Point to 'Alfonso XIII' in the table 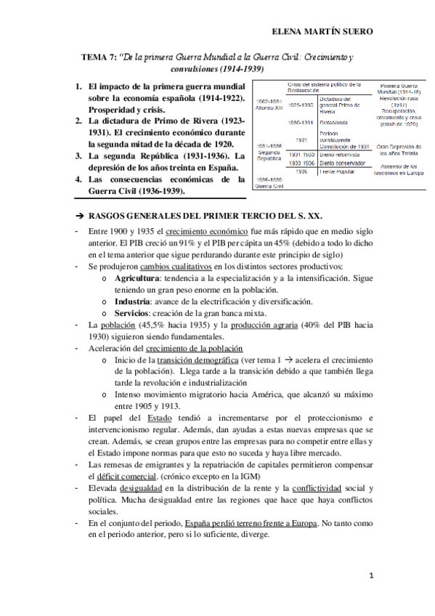point(267,106)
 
